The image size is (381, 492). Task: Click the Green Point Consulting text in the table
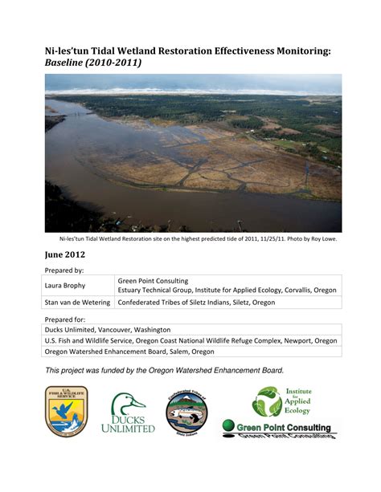tap(154, 281)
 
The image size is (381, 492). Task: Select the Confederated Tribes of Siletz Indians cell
tap(196, 303)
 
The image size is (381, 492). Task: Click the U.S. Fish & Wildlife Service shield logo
tap(67, 412)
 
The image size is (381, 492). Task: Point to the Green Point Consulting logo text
tap(281, 428)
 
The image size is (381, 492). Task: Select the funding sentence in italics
tap(164, 370)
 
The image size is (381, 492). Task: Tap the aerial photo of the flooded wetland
tap(193, 152)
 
